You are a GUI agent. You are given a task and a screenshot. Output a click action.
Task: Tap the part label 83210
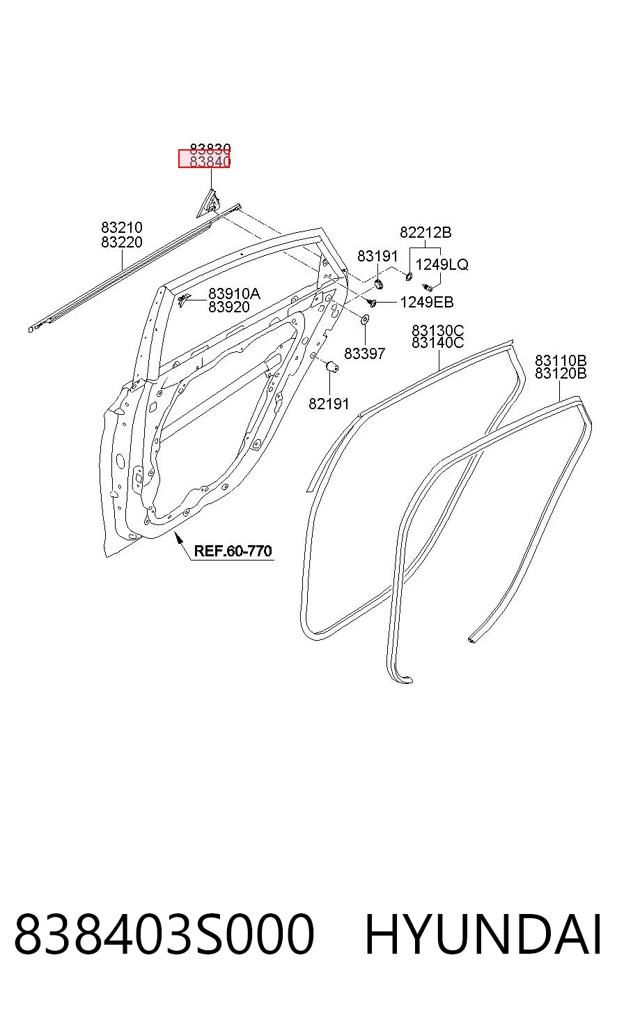tap(121, 227)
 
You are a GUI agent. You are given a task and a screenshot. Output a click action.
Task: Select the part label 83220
tap(121, 242)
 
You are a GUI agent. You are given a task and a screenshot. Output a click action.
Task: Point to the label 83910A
tap(234, 294)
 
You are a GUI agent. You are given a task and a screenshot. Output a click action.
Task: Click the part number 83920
tap(228, 307)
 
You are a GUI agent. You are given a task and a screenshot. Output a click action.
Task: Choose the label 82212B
tap(425, 232)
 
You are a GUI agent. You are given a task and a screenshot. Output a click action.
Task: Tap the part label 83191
tap(377, 256)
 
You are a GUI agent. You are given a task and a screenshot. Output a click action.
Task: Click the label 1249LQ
tap(442, 264)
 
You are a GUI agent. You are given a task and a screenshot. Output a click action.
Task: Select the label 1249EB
tap(427, 302)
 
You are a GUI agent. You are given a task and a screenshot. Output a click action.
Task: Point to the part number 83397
tap(364, 353)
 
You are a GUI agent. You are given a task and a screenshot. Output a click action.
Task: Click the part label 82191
tap(329, 404)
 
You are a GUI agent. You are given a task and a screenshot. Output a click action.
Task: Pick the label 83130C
tap(438, 330)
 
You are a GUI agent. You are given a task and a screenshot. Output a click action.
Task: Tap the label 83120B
tap(561, 374)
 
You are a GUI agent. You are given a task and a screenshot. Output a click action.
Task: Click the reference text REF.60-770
tap(233, 551)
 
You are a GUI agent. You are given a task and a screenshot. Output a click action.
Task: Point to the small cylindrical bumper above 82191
tap(333, 366)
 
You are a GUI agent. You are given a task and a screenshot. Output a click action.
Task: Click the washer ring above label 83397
tap(364, 319)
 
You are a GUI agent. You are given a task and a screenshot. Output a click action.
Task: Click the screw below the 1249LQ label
tap(428, 287)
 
